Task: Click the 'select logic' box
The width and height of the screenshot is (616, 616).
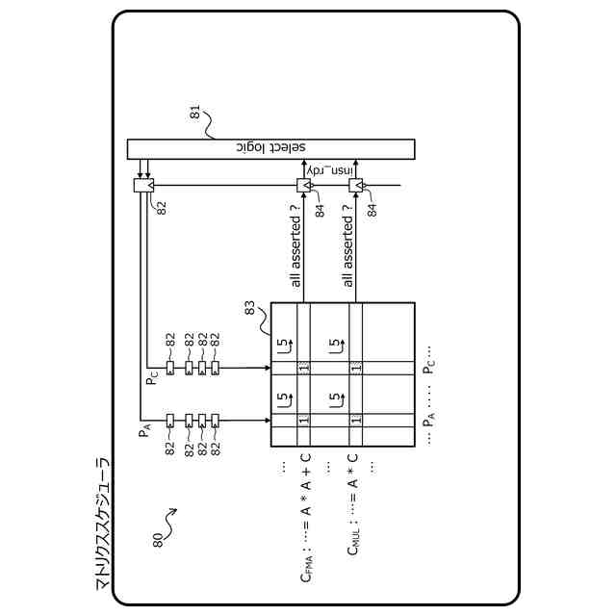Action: tap(270, 149)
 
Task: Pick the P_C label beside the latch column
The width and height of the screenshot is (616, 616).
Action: tap(152, 377)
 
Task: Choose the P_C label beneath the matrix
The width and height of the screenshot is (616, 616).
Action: tap(429, 369)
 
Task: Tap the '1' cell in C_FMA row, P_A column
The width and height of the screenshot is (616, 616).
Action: tap(303, 422)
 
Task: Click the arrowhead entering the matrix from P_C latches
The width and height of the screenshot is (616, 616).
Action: tap(267, 368)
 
